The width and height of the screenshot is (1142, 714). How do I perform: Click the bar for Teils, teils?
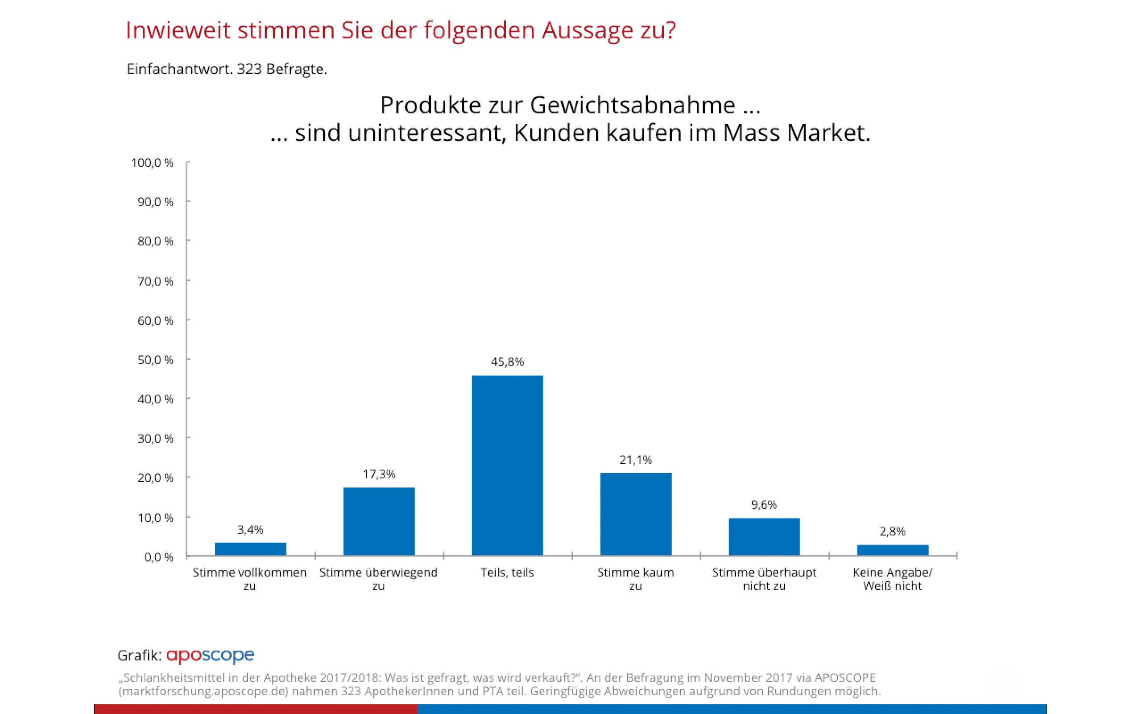[x=507, y=465]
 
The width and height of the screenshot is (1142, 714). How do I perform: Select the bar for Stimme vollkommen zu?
[x=250, y=549]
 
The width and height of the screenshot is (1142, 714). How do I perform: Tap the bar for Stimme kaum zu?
[x=636, y=514]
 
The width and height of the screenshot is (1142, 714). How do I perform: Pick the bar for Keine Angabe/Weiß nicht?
[x=892, y=550]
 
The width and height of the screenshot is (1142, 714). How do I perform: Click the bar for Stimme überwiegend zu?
[x=379, y=521]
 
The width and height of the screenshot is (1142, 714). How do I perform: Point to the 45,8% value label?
[x=507, y=362]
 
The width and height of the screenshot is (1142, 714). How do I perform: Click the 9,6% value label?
[x=764, y=504]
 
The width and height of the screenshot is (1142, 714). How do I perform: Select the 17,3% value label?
[x=379, y=474]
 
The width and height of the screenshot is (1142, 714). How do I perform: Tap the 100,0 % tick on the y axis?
[x=153, y=163]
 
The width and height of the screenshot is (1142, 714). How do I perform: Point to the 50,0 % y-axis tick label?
[x=155, y=360]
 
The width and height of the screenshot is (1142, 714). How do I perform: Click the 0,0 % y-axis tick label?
[x=158, y=557]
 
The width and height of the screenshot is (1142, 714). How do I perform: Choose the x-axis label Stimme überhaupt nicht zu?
[x=764, y=579]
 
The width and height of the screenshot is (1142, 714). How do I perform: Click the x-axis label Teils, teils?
[x=507, y=573]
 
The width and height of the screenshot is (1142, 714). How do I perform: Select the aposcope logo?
[x=210, y=656]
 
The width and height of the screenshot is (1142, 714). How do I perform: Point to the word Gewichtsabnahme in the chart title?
[x=633, y=105]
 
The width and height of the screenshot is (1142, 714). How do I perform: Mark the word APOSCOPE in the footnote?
[x=845, y=678]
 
